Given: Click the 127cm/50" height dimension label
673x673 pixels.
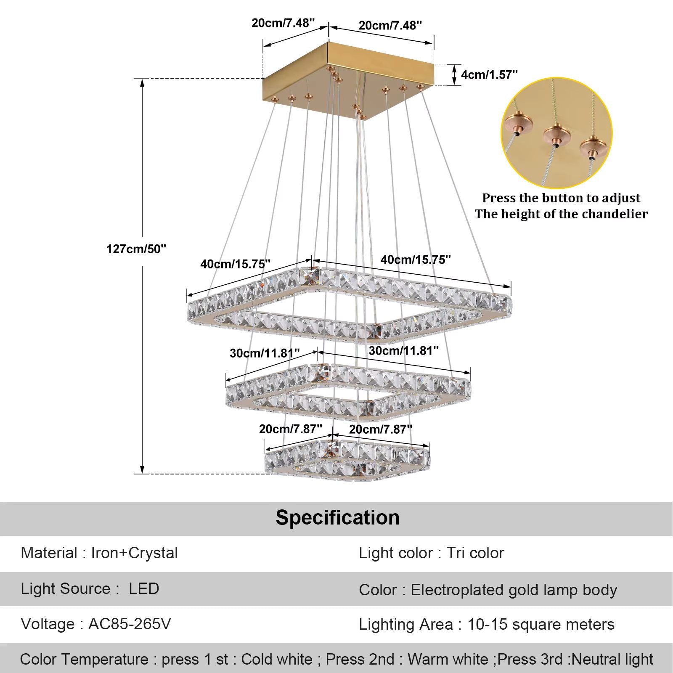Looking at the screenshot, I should click(x=136, y=249).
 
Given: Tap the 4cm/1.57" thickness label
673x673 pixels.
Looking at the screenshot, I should click(x=489, y=74).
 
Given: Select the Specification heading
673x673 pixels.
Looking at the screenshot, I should click(x=337, y=517).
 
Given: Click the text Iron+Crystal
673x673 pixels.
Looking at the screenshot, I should click(x=134, y=553).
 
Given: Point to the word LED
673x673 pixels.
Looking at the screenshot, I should click(x=144, y=588).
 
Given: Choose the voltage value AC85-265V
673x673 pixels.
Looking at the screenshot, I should click(x=130, y=624).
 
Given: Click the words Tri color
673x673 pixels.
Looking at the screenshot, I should click(x=475, y=553).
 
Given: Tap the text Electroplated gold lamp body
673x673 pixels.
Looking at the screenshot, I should click(x=514, y=590).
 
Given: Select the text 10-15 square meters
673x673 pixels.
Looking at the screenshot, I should click(x=541, y=625).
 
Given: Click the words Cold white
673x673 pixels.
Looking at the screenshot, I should click(x=276, y=659).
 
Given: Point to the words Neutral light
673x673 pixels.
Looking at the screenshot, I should click(x=612, y=659).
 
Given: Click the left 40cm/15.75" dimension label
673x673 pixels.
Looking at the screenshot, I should click(x=235, y=264).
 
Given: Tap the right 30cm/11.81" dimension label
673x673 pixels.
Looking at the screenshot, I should click(x=404, y=350).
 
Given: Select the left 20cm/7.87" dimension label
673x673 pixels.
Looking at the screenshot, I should click(x=290, y=429).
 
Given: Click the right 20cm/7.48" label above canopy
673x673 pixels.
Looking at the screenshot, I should click(x=390, y=26).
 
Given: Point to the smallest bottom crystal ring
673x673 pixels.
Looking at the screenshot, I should click(x=347, y=461).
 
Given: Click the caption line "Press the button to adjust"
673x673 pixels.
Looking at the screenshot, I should click(x=561, y=198).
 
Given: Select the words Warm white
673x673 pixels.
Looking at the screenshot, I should click(x=448, y=659).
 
